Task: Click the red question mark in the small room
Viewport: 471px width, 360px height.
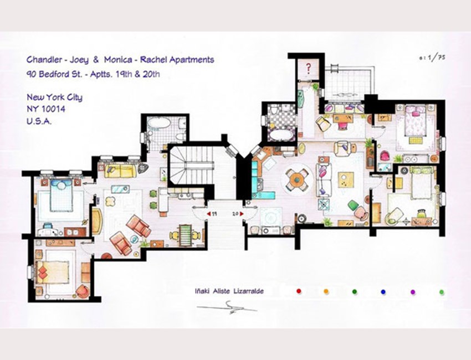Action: tap(308, 68)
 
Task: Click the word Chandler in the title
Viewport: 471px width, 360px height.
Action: tap(44, 59)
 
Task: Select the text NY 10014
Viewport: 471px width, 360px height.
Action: tap(46, 109)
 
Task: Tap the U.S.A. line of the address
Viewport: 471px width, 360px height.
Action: tap(39, 121)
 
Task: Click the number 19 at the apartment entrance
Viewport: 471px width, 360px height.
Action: tap(214, 214)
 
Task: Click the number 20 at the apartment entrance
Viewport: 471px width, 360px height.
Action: tap(235, 214)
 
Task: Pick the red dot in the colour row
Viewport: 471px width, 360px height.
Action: tap(299, 291)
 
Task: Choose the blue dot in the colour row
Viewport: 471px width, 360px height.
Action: tap(383, 291)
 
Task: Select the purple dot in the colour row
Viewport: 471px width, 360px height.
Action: tap(413, 292)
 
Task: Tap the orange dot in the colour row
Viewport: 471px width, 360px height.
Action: tap(326, 291)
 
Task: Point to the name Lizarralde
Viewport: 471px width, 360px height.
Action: tap(248, 291)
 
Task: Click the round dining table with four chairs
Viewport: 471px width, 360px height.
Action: tap(297, 179)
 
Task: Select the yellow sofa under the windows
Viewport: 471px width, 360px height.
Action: tap(120, 171)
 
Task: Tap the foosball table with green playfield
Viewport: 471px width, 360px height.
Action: tap(185, 236)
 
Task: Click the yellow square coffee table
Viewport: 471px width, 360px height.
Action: tap(346, 179)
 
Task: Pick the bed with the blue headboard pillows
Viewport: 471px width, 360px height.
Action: tap(62, 195)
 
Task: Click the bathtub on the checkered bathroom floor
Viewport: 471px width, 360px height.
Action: tap(281, 135)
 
